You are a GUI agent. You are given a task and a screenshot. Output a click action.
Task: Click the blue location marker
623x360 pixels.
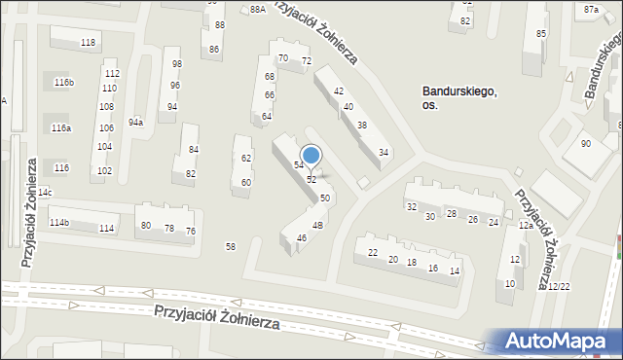(311, 156)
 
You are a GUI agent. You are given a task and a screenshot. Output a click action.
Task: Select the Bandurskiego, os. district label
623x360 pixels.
(459, 98)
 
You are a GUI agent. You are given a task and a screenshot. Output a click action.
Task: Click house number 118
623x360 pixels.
(88, 43)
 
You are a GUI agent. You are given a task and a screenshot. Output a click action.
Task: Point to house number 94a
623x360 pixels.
(135, 122)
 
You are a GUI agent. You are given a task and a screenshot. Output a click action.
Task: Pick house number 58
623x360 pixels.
(231, 247)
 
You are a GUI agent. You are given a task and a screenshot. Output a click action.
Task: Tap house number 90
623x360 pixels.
(585, 144)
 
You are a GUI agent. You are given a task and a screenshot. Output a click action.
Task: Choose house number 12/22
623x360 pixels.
(559, 287)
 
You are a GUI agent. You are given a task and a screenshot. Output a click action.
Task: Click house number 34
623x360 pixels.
(385, 153)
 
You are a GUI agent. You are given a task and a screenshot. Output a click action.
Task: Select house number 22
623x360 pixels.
(373, 253)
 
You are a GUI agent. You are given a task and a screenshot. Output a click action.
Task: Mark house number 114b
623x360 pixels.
(59, 223)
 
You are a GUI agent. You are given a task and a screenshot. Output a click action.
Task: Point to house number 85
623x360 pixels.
(541, 35)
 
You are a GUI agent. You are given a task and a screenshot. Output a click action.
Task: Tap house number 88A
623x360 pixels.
(257, 9)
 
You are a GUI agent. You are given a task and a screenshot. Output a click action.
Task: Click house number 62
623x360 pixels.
(246, 158)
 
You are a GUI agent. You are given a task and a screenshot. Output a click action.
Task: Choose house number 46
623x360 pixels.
(302, 238)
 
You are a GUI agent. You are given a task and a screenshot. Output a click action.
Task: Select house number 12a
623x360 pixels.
(525, 226)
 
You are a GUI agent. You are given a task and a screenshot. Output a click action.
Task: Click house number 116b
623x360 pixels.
(64, 83)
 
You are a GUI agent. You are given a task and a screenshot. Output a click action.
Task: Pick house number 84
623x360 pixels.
(194, 150)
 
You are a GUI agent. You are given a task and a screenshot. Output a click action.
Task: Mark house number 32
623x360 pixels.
(412, 207)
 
